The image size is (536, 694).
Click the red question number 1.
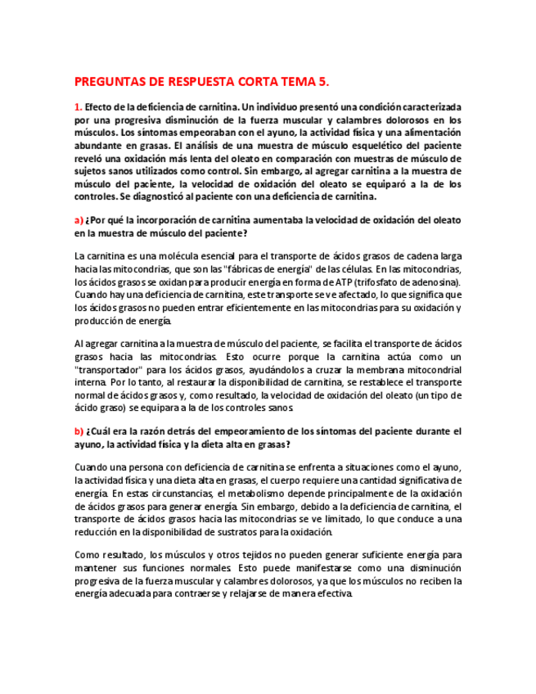pos(78,107)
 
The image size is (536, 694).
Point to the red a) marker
pos(79,220)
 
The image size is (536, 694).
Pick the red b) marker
pos(79,431)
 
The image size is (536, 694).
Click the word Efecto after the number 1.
pos(101,107)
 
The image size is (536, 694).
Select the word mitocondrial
pos(435,369)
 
